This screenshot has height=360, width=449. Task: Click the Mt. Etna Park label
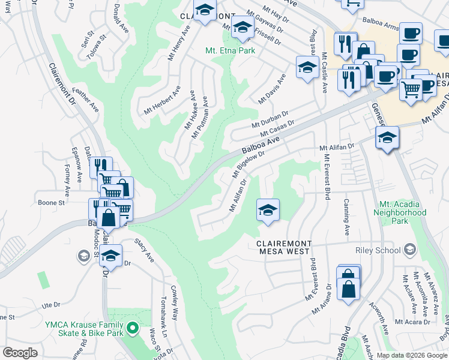pos(231,50)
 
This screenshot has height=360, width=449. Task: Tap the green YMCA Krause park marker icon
pos(136,328)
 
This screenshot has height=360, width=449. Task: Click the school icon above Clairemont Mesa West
pos(268,210)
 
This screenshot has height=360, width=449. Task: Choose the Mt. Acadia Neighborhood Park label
pos(400,212)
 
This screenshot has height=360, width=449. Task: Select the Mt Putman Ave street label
pos(200,117)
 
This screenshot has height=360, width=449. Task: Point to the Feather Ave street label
pos(85,100)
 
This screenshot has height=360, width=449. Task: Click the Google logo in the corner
pos(20,353)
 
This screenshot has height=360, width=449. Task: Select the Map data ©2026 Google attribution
pos(412,355)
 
